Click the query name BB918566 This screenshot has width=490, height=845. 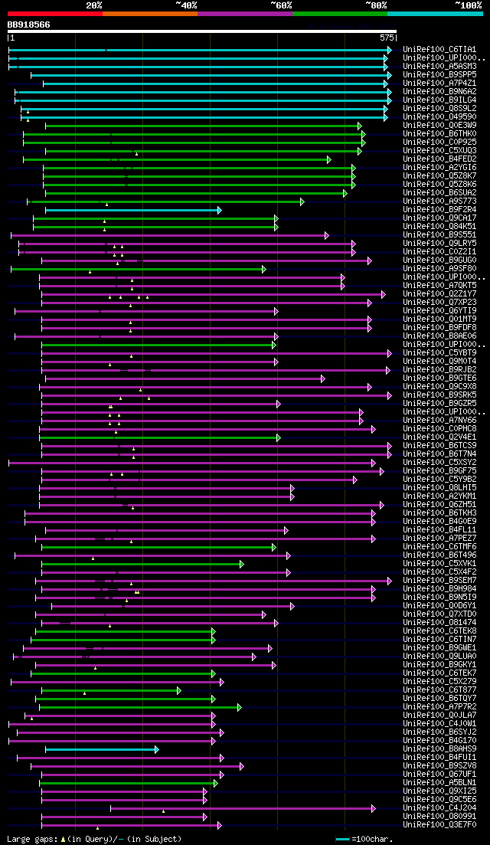tap(29, 25)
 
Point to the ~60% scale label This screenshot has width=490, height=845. tap(281, 5)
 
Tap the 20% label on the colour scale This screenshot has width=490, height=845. tap(94, 5)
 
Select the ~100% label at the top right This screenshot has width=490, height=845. tap(469, 5)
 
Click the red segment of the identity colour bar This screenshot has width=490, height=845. tap(54, 13)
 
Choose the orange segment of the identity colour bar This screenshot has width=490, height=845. tap(149, 13)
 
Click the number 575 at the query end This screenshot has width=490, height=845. tap(387, 37)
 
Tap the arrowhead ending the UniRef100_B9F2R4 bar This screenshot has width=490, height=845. tap(219, 210)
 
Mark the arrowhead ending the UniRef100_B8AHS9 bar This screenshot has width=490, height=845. tap(156, 749)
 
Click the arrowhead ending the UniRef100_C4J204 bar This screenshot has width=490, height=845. tap(374, 808)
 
